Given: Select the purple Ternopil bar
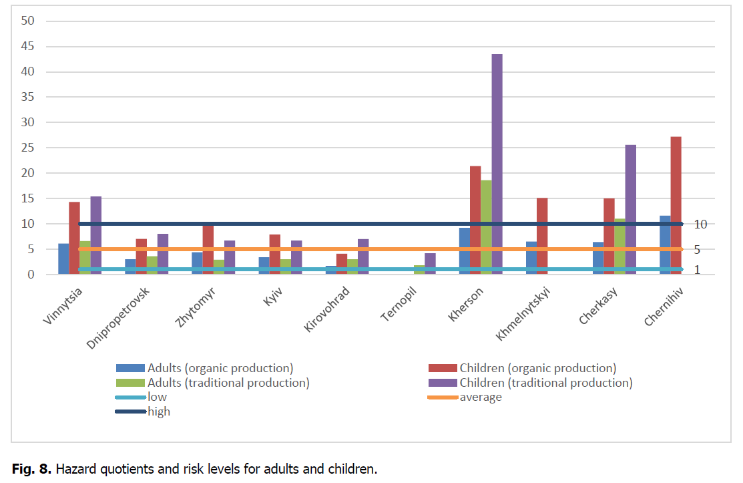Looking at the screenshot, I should tap(431, 263).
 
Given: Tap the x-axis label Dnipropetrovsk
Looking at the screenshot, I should tap(118, 318).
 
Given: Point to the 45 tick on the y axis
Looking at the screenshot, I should tap(29, 47).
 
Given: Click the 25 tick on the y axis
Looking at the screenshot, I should tap(29, 148).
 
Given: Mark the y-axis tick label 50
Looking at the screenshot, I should tap(29, 21).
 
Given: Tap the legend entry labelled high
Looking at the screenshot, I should tap(159, 412).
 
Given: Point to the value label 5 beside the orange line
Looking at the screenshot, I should tap(697, 250).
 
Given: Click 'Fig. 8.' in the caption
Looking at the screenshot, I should tap(31, 469).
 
